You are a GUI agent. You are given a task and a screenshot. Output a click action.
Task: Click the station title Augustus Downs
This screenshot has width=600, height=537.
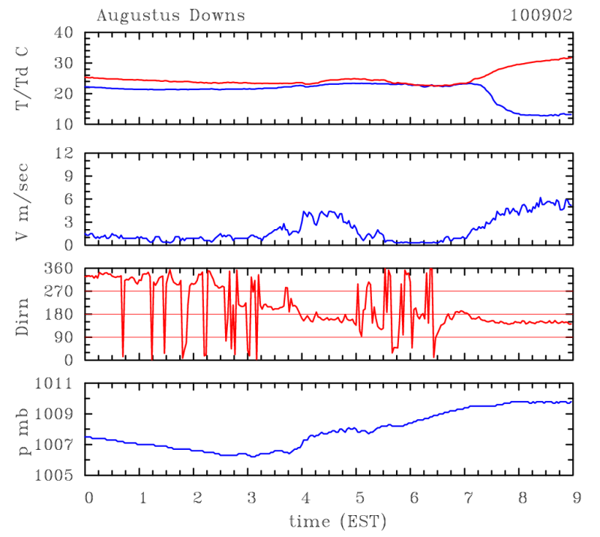(x=170, y=15)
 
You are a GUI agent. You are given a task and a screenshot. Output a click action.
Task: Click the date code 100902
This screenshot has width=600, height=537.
(x=541, y=15)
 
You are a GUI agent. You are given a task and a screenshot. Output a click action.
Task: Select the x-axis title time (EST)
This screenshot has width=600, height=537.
(x=329, y=520)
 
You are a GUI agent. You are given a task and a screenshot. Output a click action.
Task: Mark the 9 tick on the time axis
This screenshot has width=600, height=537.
(x=572, y=497)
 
